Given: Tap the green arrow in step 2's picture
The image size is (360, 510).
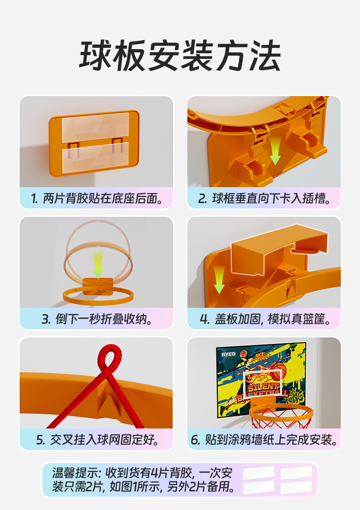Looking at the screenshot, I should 275,153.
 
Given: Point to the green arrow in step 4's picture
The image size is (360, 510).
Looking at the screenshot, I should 219,279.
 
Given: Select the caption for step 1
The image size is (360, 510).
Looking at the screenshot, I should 96,199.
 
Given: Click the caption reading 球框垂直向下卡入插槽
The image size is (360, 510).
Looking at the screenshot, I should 264,199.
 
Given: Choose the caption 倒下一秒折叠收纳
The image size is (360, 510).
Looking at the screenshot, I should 96,319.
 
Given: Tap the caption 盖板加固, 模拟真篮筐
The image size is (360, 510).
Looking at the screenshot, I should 264,319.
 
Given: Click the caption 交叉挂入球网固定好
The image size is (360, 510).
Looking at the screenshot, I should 96,440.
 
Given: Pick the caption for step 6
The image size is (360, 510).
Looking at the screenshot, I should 264,440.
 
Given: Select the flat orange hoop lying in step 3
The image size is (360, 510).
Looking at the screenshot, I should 98,296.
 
